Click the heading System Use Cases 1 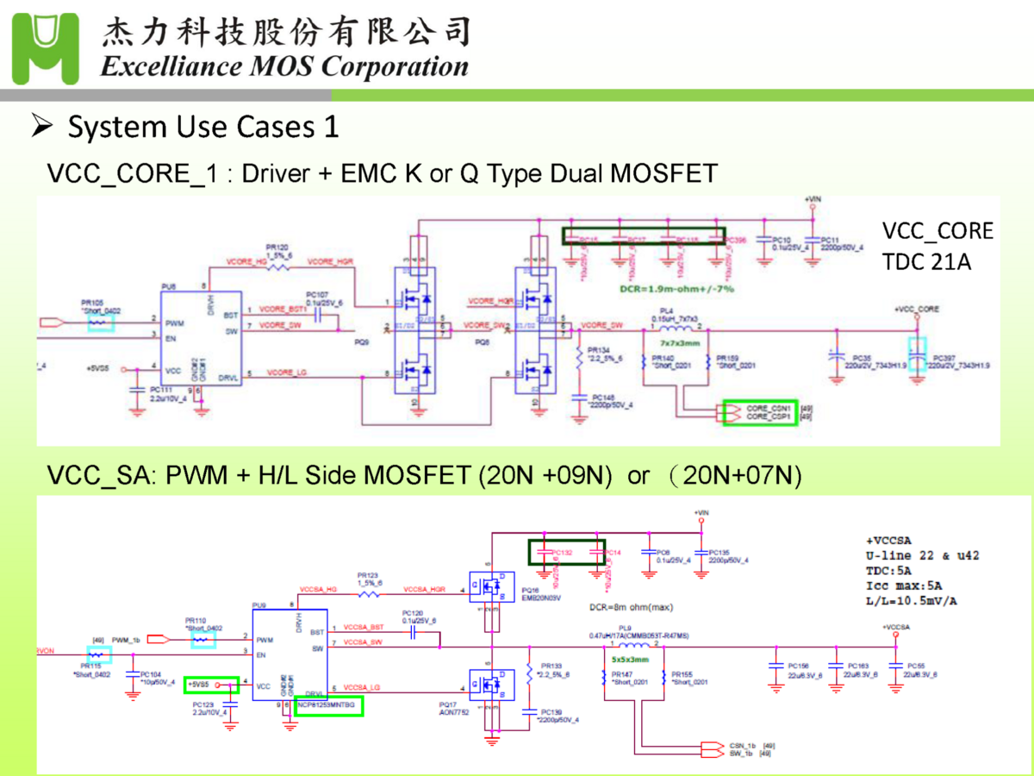(203, 128)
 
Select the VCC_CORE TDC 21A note (937, 246)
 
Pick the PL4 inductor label (667, 311)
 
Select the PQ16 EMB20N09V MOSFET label (539, 594)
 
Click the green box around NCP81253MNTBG (328, 706)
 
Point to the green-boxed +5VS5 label (212, 685)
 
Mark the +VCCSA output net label (895, 627)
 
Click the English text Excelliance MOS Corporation (285, 66)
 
